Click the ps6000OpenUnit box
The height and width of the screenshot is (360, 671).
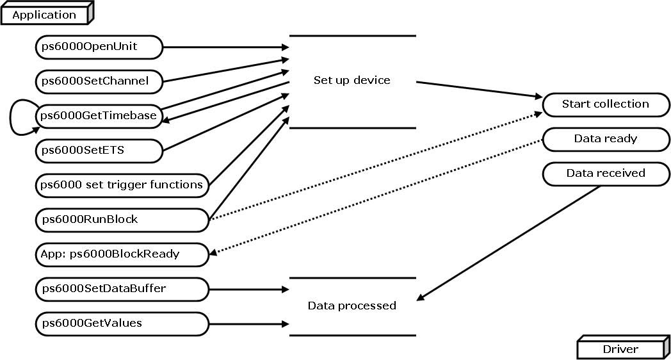(x=99, y=46)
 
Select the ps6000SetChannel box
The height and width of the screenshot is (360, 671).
(x=99, y=81)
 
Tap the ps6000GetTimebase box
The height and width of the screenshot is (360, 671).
(x=99, y=115)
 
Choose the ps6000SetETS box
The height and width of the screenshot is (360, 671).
(x=99, y=150)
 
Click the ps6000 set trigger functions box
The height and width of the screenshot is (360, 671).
(x=122, y=185)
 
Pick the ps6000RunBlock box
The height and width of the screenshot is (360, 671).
(x=122, y=220)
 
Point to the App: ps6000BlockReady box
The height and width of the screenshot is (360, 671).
(x=122, y=254)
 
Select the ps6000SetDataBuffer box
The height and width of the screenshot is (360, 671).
(x=122, y=289)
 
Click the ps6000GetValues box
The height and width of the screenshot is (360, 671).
(x=122, y=323)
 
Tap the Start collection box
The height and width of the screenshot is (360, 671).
(x=605, y=104)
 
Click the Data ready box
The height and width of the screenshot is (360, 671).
(x=605, y=139)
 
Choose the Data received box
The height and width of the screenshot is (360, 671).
(x=605, y=174)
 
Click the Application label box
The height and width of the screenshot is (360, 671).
(x=45, y=15)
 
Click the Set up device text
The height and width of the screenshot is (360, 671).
(x=352, y=81)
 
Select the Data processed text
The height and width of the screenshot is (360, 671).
(x=352, y=306)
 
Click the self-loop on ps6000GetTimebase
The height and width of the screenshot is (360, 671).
(x=15, y=116)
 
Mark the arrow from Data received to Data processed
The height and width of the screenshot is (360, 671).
(x=509, y=243)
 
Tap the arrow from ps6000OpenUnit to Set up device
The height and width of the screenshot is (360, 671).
(x=224, y=47)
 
